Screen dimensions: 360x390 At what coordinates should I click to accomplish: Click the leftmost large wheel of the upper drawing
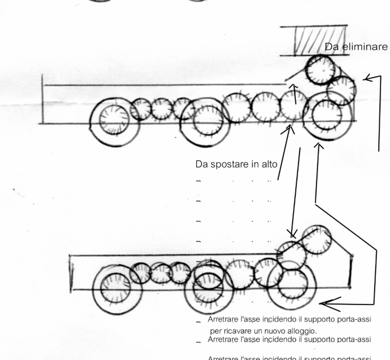point(114,120)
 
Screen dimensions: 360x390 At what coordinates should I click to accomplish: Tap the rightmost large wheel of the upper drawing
point(327,116)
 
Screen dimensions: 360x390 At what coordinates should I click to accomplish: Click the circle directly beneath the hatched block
point(320,69)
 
